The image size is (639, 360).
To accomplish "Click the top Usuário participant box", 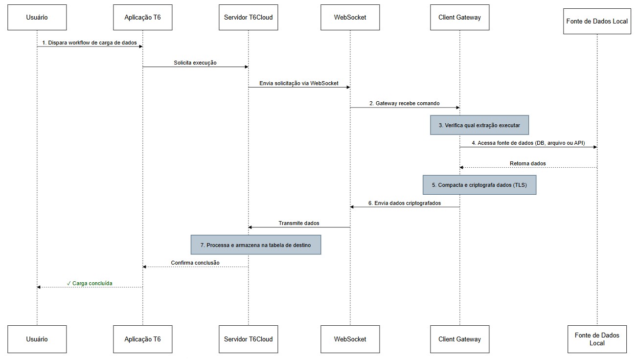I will coord(37,17).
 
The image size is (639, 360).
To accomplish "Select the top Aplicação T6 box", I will coord(142,17).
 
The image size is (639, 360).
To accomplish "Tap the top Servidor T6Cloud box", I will coord(248,17).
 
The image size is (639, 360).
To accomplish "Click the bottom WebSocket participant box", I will coord(350,339).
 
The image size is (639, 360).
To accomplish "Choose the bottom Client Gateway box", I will coord(459,339).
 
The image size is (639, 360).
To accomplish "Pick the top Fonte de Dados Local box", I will coord(597,21).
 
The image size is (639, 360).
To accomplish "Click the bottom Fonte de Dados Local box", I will coord(597,339).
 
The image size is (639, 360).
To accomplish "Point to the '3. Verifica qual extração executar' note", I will coord(479,125).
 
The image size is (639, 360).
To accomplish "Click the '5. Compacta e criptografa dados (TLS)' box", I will coord(479,185).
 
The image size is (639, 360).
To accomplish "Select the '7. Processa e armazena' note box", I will coord(255,245).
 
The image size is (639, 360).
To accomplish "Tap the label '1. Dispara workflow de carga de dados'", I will coord(90,43).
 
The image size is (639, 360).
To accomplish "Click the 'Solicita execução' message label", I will coord(195,63).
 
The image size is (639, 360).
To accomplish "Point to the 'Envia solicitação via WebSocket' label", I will coord(299,83).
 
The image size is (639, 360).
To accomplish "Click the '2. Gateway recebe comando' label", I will coord(405,103).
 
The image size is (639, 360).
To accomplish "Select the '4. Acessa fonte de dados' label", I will coord(528,143).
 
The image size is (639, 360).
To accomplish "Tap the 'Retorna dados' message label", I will coord(527,163).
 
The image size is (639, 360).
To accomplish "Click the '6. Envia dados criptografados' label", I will coord(405,203).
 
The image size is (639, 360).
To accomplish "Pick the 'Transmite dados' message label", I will coord(299,223).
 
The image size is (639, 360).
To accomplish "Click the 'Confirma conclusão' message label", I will coord(195,263).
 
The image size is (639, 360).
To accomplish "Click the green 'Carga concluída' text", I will coord(90,283).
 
